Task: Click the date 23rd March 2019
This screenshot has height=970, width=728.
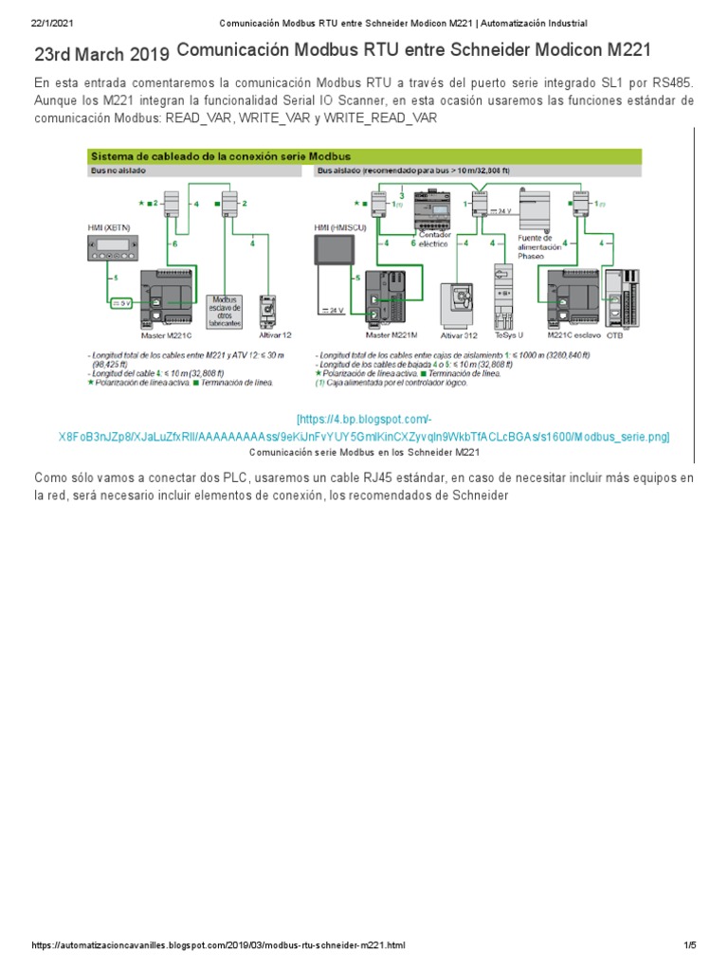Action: click(x=102, y=57)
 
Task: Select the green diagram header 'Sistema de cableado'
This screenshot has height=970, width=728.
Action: click(x=220, y=155)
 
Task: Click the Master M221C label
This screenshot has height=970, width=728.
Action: click(x=167, y=334)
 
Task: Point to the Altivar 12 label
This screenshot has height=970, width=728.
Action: click(x=276, y=334)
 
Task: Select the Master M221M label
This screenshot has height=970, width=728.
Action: click(x=391, y=334)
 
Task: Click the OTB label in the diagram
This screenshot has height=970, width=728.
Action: click(x=615, y=334)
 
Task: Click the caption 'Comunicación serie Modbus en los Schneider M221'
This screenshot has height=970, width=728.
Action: click(x=364, y=453)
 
